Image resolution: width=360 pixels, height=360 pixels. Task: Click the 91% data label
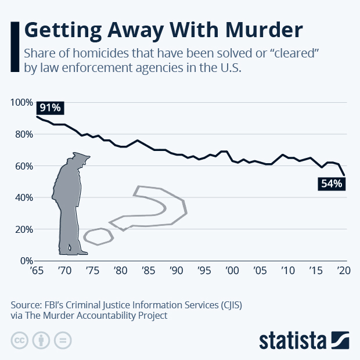click(x=51, y=108)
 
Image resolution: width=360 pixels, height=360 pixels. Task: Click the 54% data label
click(x=332, y=183)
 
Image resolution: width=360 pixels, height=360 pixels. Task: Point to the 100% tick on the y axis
click(x=21, y=102)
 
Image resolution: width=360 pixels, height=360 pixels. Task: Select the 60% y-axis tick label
click(x=24, y=166)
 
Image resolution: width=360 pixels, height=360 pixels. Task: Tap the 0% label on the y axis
click(x=27, y=261)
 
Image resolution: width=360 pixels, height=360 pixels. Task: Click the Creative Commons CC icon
click(x=20, y=340)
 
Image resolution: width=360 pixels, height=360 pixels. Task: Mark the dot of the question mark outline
click(x=98, y=236)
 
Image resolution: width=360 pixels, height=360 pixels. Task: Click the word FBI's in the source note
click(x=52, y=304)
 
